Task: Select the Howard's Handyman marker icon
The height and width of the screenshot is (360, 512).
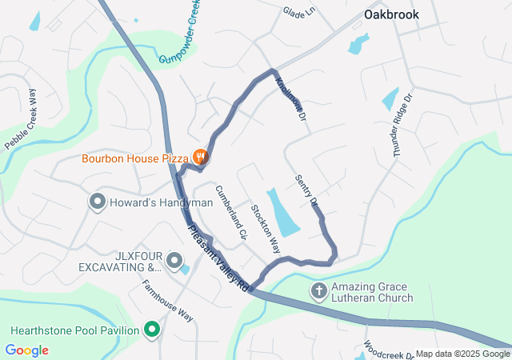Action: pos(98,202)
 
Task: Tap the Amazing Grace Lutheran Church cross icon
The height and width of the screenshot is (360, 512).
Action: pos(318,290)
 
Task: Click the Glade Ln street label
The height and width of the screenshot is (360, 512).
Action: pos(299,13)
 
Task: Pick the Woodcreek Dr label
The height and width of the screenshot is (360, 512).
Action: pos(388,350)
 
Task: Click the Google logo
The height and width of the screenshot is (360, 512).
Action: pos(26,350)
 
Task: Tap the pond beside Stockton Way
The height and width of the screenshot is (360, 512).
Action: pos(282,211)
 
